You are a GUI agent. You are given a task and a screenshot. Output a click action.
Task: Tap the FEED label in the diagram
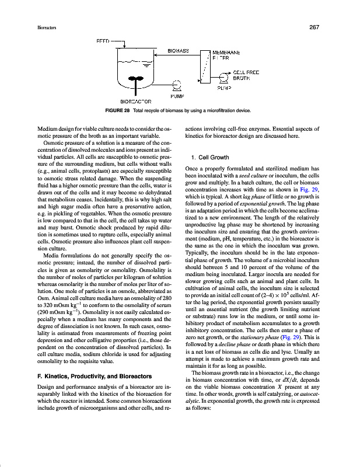pos(102,41)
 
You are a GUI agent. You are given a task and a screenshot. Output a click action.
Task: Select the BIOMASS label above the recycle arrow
pos(178,51)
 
